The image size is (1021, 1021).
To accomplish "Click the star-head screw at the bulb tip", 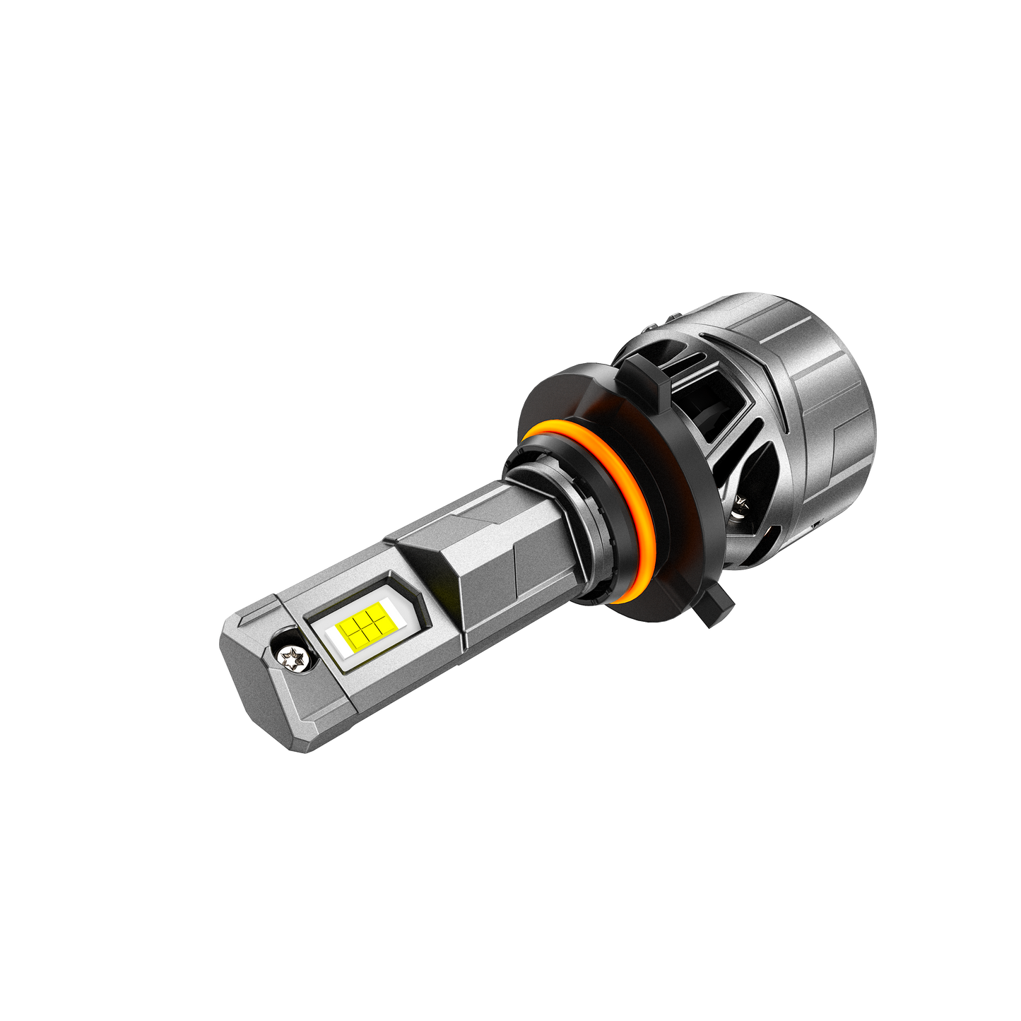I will pyautogui.click(x=291, y=659).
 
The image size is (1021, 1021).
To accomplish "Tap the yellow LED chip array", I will pyautogui.click(x=362, y=628).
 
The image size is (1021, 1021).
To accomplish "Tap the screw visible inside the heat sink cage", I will pyautogui.click(x=740, y=504).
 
